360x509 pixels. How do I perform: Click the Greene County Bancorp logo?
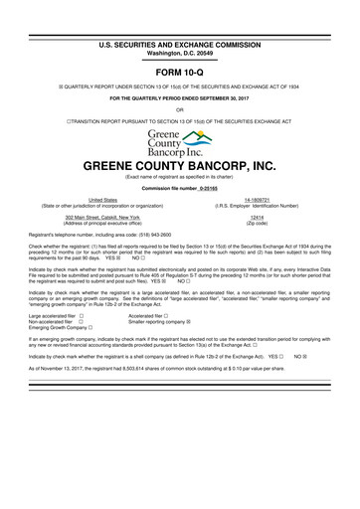coord(180,144)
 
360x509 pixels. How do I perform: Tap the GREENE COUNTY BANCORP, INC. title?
coord(180,167)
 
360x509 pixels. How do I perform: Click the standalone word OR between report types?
coord(179,110)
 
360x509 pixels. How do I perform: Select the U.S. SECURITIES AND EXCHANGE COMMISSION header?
coord(179,16)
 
